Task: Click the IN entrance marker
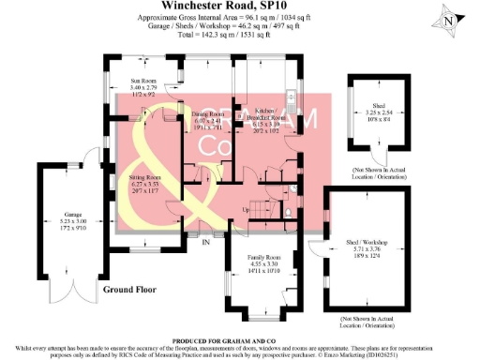205,242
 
